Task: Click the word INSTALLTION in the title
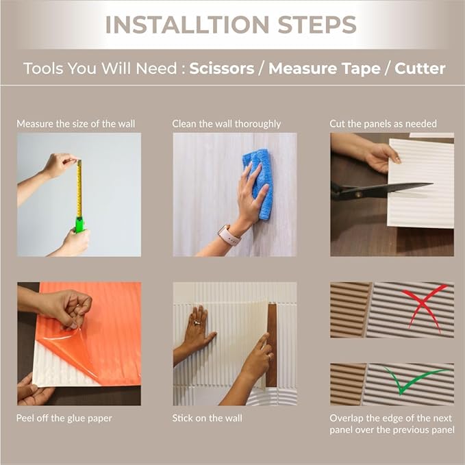[x=187, y=25]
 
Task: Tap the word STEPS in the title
[x=317, y=25]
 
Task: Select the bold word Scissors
[x=222, y=68]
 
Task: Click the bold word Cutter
[x=420, y=68]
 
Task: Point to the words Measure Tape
[x=325, y=68]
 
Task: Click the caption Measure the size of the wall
[x=75, y=124]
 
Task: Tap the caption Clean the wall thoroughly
[x=226, y=124]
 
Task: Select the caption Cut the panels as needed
[x=383, y=124]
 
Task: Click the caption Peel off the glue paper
[x=64, y=418]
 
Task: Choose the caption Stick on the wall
[x=207, y=418]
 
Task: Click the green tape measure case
[x=79, y=225]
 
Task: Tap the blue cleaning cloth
[x=259, y=184]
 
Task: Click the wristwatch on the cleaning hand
[x=229, y=235]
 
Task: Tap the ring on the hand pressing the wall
[x=197, y=323]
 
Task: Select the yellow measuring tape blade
[x=79, y=188]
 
